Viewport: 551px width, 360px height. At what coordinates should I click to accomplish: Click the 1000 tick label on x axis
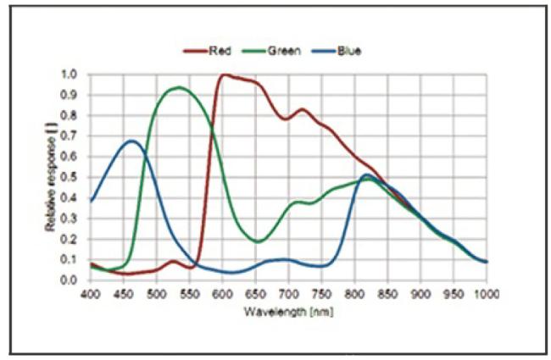[486, 293]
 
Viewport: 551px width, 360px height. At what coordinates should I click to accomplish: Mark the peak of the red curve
[224, 75]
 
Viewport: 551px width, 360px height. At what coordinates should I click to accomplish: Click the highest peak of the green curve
[179, 87]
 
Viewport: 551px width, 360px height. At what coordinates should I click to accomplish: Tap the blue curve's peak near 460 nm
[131, 141]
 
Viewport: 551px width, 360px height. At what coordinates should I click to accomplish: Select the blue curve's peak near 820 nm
[366, 175]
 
